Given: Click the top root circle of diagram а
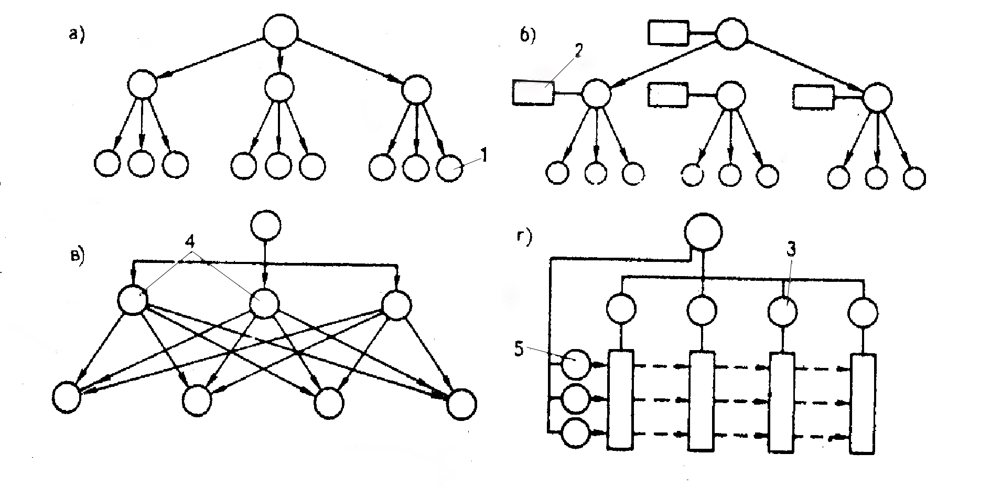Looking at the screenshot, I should coord(280,31).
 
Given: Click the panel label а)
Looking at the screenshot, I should coord(77,35).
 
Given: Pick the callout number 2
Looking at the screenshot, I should coord(578,51).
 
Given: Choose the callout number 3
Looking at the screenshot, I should coord(791,250).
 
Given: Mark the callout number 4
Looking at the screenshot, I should coord(192,244).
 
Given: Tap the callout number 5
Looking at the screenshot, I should coord(519,350).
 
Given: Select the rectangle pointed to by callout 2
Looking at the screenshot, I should coord(533,93).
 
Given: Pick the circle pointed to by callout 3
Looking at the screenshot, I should coord(782,311).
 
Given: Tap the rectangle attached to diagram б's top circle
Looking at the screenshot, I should coord(667,33).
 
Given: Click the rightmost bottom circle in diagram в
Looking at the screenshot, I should coord(462,404).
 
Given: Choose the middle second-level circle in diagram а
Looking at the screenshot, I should coord(278,87).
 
